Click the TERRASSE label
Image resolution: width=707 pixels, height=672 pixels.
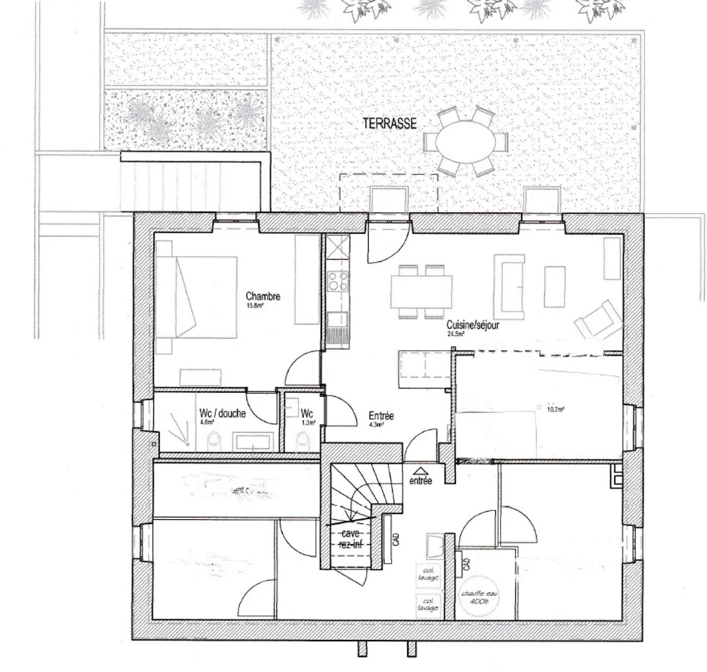click(x=389, y=123)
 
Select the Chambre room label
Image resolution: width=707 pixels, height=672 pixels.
click(x=263, y=296)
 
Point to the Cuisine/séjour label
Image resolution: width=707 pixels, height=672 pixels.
click(x=473, y=325)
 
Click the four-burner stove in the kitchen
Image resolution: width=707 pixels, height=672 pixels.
click(x=338, y=282)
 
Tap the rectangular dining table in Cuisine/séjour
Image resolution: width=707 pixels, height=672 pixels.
click(x=421, y=292)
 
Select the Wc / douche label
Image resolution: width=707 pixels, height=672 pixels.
click(x=222, y=413)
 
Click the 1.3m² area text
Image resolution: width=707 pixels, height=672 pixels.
click(x=308, y=422)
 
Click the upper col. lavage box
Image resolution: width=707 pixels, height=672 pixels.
click(x=428, y=574)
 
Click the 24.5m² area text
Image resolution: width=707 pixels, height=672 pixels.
click(x=455, y=334)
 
